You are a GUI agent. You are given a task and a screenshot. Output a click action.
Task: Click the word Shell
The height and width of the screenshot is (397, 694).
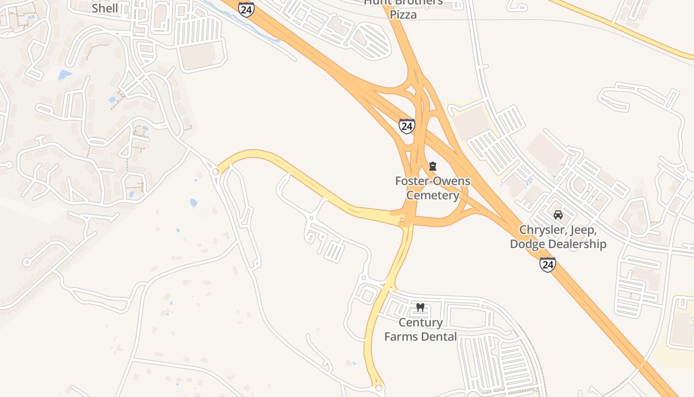105,8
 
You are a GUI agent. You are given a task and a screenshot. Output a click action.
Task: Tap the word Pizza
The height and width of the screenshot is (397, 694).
403,14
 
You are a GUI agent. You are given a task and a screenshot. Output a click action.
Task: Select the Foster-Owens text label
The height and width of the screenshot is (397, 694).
432,181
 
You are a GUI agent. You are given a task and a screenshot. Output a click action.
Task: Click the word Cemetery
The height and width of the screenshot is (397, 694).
433,195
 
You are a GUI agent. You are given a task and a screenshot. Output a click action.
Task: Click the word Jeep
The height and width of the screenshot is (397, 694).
583,230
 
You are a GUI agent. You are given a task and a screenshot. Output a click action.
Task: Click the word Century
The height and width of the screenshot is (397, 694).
421,323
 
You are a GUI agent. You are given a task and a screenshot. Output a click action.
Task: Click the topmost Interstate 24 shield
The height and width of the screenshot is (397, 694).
246,9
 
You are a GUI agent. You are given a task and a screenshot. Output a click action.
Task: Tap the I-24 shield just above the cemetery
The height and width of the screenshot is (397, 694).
406,126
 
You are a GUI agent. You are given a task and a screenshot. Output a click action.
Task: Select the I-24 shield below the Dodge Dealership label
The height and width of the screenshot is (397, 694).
547,265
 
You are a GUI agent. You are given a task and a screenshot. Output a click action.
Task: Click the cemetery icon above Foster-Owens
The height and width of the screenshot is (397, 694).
433,166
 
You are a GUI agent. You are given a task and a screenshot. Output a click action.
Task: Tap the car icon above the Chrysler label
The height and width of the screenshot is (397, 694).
558,215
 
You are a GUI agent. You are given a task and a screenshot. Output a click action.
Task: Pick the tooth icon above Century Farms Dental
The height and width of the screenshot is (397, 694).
420,308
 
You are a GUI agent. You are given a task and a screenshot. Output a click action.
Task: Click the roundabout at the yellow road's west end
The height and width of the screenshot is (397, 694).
215,172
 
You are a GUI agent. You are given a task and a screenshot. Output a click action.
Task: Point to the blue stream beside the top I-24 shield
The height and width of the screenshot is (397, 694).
258,27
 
